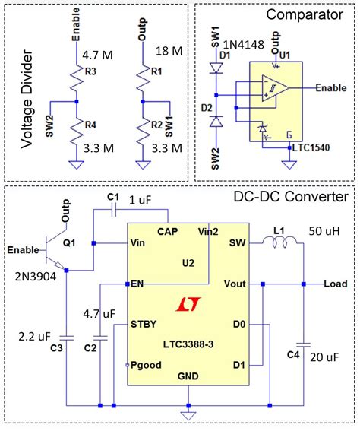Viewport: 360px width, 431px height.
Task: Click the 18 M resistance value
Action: click(169, 51)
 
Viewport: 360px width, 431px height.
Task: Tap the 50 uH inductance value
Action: click(325, 230)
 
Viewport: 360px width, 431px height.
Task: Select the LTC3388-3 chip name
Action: click(185, 344)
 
